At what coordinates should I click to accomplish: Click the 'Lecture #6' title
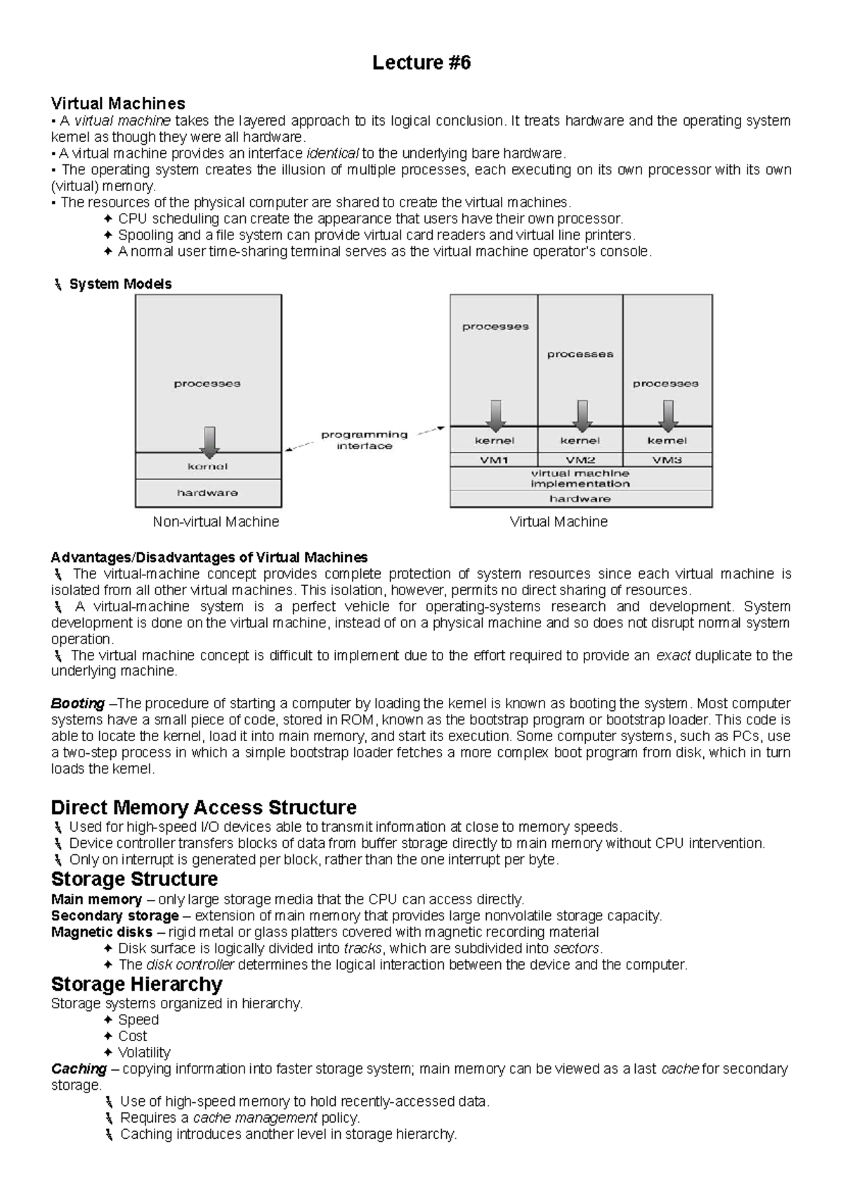tap(421, 63)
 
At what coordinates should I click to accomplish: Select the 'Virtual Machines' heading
tap(118, 104)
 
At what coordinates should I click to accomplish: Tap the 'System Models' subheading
tap(120, 284)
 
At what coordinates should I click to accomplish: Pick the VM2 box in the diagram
tap(580, 460)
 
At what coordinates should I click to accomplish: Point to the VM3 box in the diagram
tap(667, 460)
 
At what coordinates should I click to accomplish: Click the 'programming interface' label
tap(364, 440)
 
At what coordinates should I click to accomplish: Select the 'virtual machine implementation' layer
tap(580, 478)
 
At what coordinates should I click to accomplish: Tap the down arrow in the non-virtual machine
tap(209, 441)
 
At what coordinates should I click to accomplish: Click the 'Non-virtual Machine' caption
tap(216, 522)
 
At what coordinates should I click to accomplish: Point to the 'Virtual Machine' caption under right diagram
tap(558, 522)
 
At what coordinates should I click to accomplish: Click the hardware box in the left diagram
tap(208, 493)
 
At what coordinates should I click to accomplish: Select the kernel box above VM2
tap(580, 441)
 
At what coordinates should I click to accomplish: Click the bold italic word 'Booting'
tap(78, 703)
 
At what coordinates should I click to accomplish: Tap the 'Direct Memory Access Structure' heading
tap(204, 807)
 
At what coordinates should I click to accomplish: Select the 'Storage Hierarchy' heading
tap(136, 984)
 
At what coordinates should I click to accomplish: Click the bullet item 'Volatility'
tap(144, 1052)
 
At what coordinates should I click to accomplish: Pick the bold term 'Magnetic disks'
tap(102, 932)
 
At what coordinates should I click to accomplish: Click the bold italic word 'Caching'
tap(79, 1069)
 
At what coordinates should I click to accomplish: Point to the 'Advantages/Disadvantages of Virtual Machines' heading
tap(209, 557)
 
